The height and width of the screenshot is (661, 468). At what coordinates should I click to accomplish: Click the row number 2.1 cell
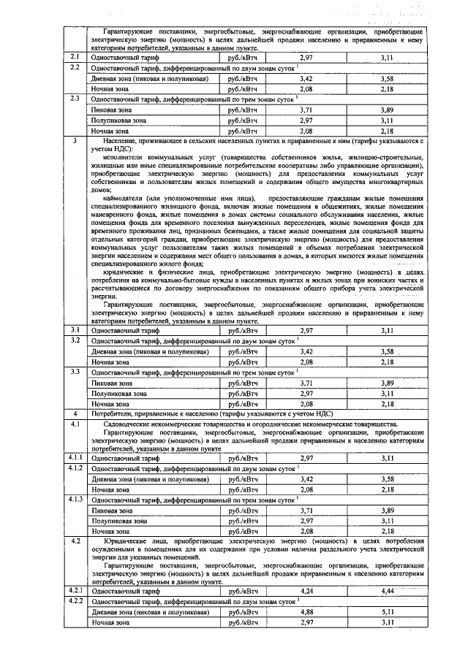tap(75, 56)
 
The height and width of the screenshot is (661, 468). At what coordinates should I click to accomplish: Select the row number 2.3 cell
tap(75, 97)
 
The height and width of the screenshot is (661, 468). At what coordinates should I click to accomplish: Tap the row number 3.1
tap(75, 330)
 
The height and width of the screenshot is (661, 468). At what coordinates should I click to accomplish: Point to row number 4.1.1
tap(75, 457)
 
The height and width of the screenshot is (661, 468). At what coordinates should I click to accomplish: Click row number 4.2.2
tap(75, 600)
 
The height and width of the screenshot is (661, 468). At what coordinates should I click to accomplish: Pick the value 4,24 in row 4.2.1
tap(306, 590)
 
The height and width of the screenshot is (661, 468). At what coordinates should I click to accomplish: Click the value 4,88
tap(306, 611)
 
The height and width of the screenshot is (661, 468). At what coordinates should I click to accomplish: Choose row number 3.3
tap(75, 371)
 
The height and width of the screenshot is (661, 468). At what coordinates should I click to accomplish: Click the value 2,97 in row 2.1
tap(306, 57)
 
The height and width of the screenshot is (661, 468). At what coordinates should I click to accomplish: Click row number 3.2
tap(75, 340)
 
